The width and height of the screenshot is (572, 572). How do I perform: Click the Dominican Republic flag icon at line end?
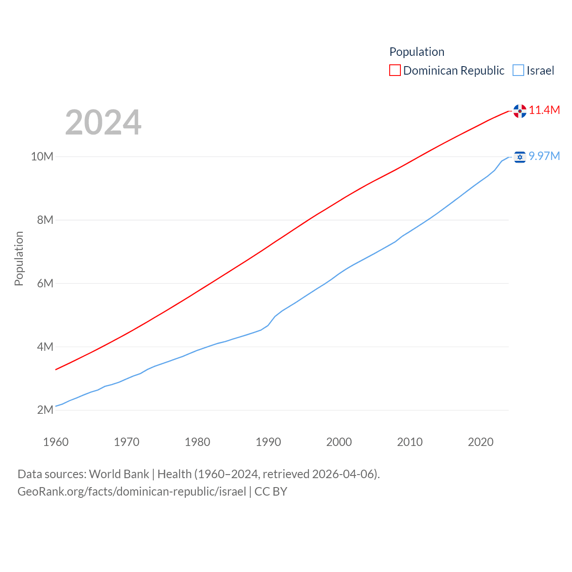[520, 111]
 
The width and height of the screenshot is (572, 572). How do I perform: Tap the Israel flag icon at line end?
[520, 157]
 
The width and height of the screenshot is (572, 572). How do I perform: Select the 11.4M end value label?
[544, 110]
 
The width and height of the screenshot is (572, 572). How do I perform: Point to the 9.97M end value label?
[544, 156]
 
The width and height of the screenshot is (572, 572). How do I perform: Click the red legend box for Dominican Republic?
[395, 71]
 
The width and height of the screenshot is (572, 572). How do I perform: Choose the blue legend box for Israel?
[518, 71]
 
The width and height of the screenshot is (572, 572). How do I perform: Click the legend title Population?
[416, 52]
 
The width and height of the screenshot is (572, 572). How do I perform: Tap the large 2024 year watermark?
[103, 122]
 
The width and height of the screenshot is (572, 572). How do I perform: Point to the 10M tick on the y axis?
[42, 156]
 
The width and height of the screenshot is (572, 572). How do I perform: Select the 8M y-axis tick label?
[45, 220]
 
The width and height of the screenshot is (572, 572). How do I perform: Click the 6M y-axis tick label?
[45, 283]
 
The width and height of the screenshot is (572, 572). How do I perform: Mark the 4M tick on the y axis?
[45, 347]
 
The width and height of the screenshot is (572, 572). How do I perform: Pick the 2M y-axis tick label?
[45, 410]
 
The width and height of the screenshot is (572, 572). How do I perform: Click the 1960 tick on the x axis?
[56, 442]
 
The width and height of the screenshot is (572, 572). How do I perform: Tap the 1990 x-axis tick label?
[268, 442]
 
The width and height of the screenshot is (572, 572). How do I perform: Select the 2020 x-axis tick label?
[480, 442]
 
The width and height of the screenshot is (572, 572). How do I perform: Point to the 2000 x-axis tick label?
[339, 442]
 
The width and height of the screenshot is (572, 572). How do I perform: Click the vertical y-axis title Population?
[19, 258]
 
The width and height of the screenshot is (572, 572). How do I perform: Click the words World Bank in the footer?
[119, 474]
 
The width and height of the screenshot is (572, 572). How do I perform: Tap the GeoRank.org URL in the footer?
[132, 492]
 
